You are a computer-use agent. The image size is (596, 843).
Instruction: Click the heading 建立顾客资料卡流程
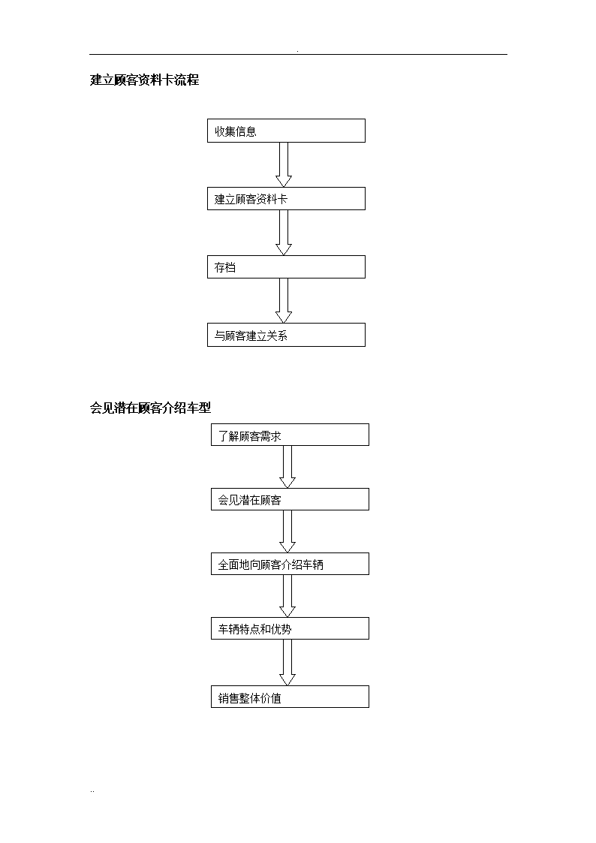[145, 80]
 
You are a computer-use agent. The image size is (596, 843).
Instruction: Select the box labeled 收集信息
[286, 131]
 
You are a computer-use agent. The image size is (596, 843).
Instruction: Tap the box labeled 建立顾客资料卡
[286, 198]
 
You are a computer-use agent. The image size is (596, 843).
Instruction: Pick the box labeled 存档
[286, 266]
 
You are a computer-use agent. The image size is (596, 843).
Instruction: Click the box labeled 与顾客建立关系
[286, 335]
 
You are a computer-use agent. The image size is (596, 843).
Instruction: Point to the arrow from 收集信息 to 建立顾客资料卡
[284, 164]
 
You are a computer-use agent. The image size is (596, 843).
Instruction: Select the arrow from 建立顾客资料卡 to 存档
[284, 233]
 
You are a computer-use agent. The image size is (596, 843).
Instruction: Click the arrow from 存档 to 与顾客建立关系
[284, 300]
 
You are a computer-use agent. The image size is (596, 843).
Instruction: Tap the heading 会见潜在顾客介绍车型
[150, 408]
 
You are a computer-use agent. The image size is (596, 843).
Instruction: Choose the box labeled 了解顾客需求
[290, 435]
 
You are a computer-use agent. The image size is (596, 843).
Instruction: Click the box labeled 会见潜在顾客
[290, 499]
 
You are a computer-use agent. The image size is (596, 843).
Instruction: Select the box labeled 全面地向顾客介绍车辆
[290, 564]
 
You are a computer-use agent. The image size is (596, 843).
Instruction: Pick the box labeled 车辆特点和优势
[290, 628]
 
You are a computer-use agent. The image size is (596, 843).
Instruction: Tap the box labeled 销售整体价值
[290, 697]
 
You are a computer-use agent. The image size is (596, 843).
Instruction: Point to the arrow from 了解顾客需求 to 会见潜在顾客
[287, 467]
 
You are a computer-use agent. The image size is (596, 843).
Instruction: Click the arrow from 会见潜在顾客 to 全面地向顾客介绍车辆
[287, 531]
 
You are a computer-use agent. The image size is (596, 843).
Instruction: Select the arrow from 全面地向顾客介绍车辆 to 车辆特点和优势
[287, 596]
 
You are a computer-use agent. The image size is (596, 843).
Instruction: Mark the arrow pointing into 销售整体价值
[287, 662]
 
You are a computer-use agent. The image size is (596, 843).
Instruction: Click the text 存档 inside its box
[225, 267]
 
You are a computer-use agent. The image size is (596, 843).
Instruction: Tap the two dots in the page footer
[92, 791]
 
